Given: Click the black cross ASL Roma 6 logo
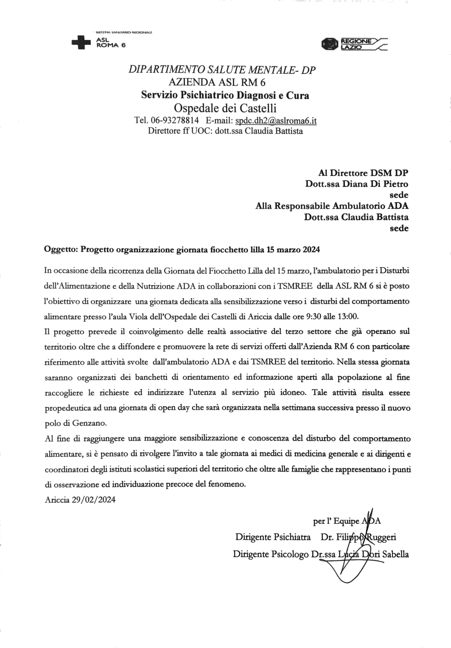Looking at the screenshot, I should pos(81,42).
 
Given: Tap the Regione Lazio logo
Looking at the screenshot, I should pos(354,44).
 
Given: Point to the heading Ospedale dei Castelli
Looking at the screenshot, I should pos(225,108).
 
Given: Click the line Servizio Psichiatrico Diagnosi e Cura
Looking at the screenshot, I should pos(225,95).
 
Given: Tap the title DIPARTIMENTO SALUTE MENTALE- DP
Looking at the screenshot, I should pos(222,70).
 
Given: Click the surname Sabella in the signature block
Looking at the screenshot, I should pos(395,554).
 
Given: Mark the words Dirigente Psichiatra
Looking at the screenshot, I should pos(272,537).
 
